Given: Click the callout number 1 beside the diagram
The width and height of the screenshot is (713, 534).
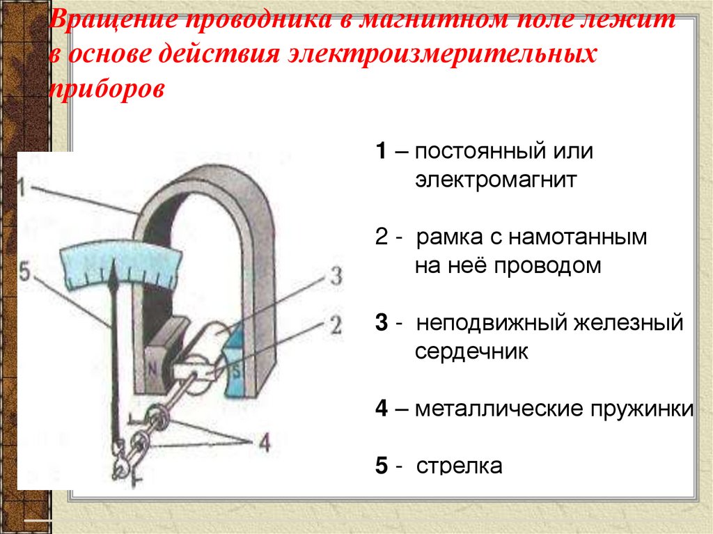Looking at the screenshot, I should click(23, 186).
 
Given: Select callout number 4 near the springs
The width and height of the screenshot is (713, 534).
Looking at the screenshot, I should click(263, 443).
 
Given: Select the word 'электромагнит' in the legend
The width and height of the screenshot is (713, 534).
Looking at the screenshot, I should click(496, 182).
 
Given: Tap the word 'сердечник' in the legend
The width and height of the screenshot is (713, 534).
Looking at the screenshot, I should click(472, 352).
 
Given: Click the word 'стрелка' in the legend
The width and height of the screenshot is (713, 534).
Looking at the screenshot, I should click(459, 466).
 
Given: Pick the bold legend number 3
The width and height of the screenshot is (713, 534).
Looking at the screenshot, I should click(381, 324).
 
